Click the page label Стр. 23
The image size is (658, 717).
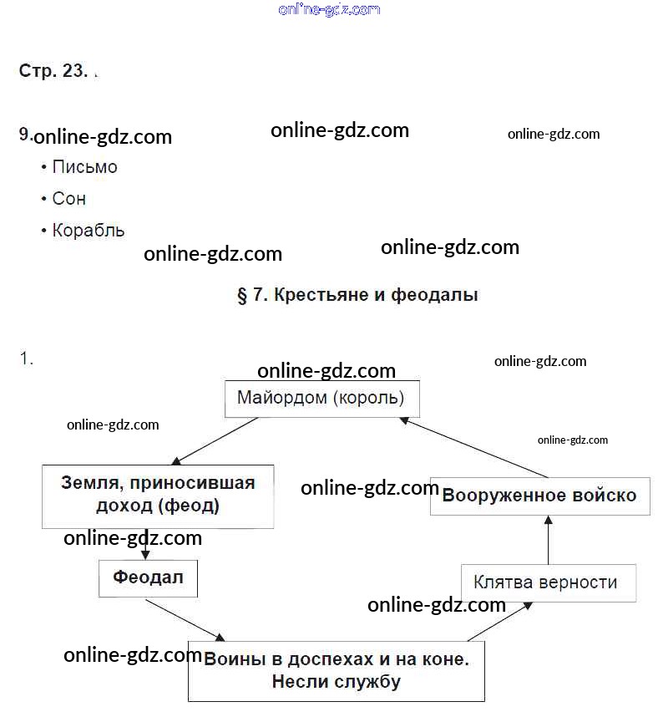pyautogui.click(x=53, y=71)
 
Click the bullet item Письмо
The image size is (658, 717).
pyautogui.click(x=84, y=167)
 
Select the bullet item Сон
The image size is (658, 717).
pyautogui.click(x=68, y=199)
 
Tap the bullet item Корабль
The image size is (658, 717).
pyautogui.click(x=88, y=231)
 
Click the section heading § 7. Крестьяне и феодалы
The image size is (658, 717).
pyautogui.click(x=357, y=295)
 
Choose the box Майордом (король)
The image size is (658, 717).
pyautogui.click(x=321, y=399)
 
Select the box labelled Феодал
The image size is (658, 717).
pyautogui.click(x=148, y=577)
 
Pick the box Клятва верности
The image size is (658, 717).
pyautogui.click(x=545, y=582)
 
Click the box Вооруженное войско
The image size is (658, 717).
pyautogui.click(x=539, y=495)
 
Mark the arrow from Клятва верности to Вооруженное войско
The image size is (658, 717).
pyautogui.click(x=549, y=540)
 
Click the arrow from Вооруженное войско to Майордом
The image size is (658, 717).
pyautogui.click(x=476, y=447)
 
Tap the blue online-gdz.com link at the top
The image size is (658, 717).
pyautogui.click(x=329, y=9)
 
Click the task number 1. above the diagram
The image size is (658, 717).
pyautogui.click(x=27, y=358)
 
